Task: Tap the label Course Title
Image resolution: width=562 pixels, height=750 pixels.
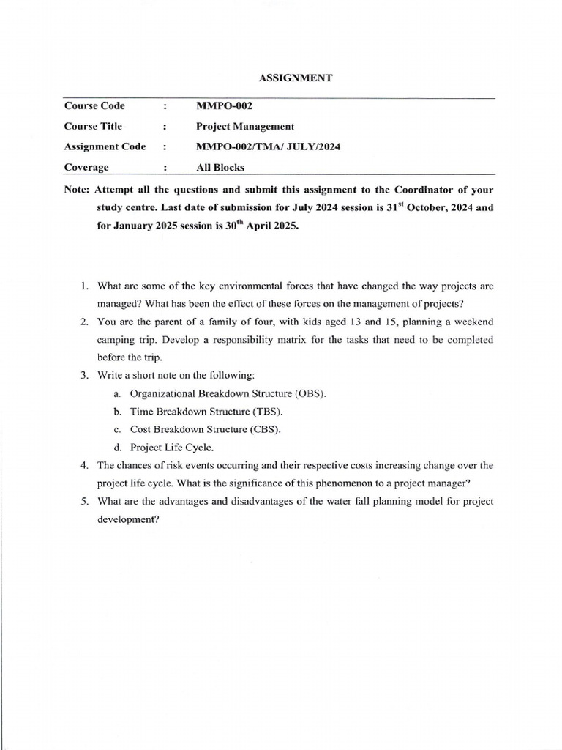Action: coord(93,126)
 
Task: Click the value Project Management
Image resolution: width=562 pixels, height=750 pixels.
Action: coord(245,126)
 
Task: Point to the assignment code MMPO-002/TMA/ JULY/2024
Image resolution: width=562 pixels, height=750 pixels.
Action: coord(269,146)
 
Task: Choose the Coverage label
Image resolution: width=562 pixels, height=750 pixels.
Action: coord(86,167)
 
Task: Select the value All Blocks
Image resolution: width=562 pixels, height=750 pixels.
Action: coord(220,167)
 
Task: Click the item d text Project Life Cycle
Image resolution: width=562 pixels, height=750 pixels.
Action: coord(172,448)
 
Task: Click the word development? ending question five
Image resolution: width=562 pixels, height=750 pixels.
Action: coord(127,519)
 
